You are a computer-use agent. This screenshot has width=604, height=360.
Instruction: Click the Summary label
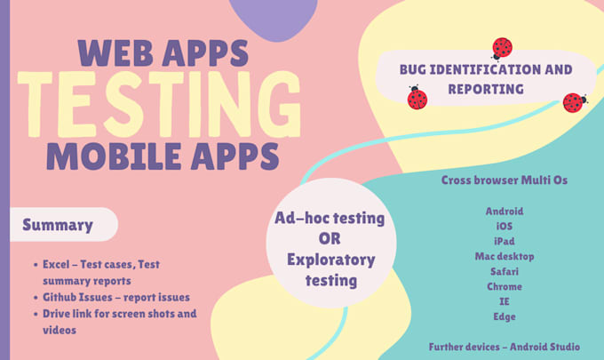[x=58, y=225]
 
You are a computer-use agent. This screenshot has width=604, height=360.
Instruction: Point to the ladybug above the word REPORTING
[x=502, y=47]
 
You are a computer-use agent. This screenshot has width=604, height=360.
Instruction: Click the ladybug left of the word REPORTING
[x=417, y=98]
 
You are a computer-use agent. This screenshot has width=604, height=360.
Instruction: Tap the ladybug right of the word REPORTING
[x=574, y=102]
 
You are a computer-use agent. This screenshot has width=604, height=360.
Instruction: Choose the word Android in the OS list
[x=505, y=212]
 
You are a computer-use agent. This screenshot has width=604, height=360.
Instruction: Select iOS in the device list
[x=505, y=227]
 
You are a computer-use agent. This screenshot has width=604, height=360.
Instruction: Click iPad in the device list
[x=505, y=242]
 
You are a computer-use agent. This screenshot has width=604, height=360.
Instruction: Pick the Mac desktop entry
[x=505, y=257]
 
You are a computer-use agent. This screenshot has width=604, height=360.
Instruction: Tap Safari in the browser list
[x=505, y=272]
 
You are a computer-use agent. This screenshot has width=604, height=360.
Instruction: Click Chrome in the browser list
[x=505, y=287]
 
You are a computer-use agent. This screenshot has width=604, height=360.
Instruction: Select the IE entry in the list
[x=505, y=302]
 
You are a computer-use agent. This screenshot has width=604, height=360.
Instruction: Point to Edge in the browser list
[x=505, y=317]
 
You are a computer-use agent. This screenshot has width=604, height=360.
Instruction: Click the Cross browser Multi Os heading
[x=505, y=180]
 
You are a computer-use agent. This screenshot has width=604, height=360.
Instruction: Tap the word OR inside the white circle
[x=330, y=237]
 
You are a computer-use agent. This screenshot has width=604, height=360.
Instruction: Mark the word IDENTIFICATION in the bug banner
[x=491, y=69]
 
